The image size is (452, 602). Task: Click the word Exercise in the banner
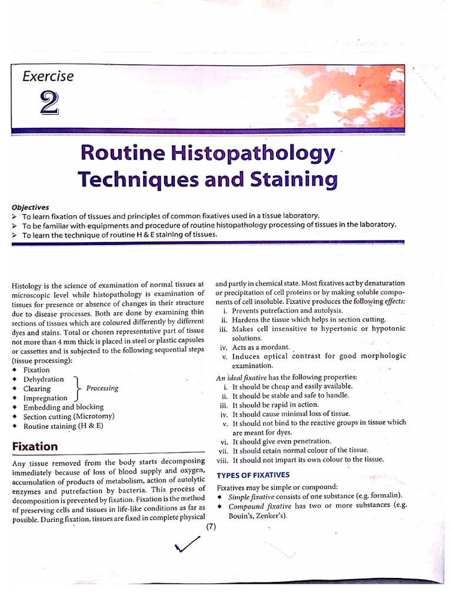click(x=48, y=76)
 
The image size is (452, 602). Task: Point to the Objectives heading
click(x=30, y=207)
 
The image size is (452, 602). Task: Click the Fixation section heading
click(x=35, y=446)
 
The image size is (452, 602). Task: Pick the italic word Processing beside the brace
click(x=102, y=388)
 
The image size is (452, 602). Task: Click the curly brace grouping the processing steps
click(x=77, y=389)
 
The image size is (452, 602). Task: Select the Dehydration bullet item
click(x=44, y=379)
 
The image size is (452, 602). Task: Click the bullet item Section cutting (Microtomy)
click(x=69, y=416)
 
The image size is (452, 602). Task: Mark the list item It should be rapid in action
click(x=275, y=404)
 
